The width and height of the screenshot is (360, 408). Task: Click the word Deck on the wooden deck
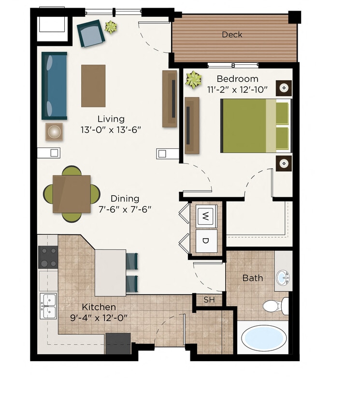click(232, 34)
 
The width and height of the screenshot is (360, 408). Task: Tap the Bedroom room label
click(237, 79)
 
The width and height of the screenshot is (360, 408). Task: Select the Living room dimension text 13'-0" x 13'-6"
click(111, 130)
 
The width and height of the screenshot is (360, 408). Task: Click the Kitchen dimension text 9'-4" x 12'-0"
click(99, 318)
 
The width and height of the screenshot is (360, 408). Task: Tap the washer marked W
click(206, 216)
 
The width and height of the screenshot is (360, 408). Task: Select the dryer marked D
click(206, 240)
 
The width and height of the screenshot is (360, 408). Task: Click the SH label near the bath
click(209, 300)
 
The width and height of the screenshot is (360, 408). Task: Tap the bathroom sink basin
click(283, 278)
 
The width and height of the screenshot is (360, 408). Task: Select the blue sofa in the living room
click(54, 86)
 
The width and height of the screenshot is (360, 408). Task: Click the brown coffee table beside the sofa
click(93, 86)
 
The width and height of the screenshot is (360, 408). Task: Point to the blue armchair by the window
click(91, 33)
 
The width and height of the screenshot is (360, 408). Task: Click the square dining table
click(72, 194)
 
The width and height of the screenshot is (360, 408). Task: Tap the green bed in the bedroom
click(255, 125)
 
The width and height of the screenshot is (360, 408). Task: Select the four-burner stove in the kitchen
click(48, 257)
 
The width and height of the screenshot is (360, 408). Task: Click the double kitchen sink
click(48, 306)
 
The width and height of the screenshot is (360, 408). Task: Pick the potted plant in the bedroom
click(194, 80)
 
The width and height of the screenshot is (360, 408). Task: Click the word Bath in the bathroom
click(253, 277)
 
